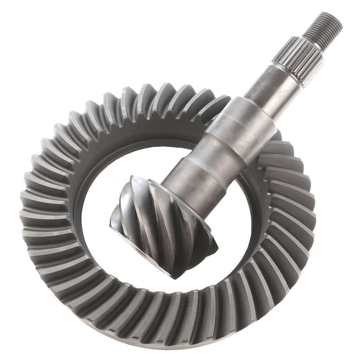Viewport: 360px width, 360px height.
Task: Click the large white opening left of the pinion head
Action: coord(97,189)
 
